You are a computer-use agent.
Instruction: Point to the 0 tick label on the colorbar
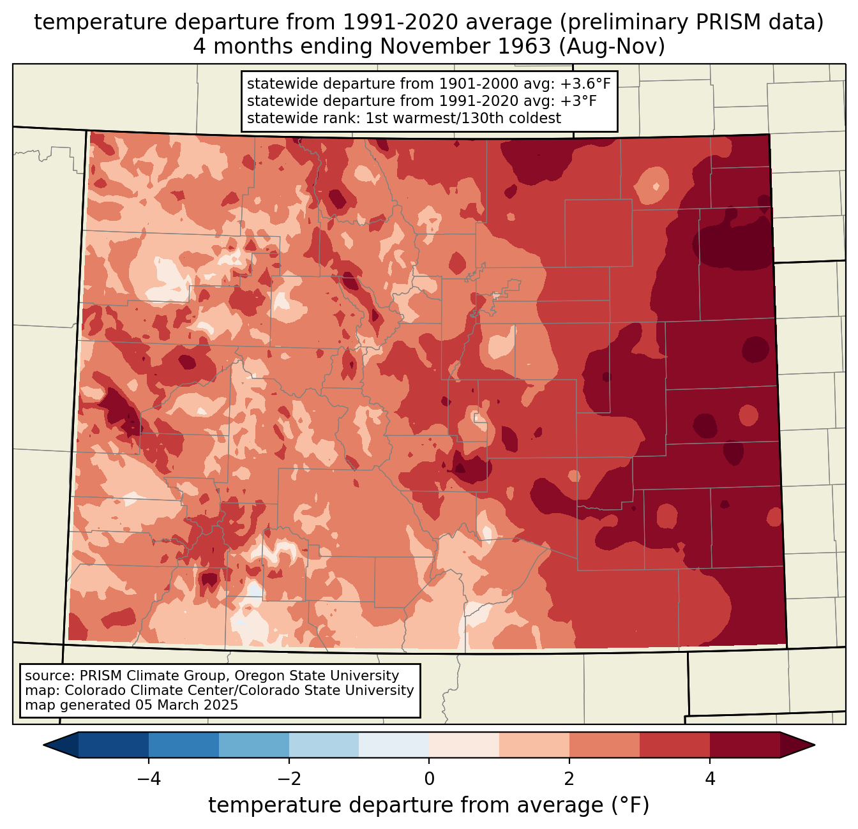pyautogui.click(x=429, y=779)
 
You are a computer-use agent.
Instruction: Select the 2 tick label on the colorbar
pyautogui.click(x=569, y=779)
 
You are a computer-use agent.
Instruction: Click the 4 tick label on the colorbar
pyautogui.click(x=710, y=779)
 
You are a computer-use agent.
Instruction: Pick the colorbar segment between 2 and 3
pyautogui.click(x=605, y=745)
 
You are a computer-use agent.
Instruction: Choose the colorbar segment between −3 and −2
pyautogui.click(x=254, y=745)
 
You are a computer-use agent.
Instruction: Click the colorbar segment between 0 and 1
pyautogui.click(x=464, y=745)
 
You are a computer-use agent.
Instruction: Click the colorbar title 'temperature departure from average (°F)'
pyautogui.click(x=429, y=805)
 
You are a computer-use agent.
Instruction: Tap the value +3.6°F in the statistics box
pyautogui.click(x=585, y=84)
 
